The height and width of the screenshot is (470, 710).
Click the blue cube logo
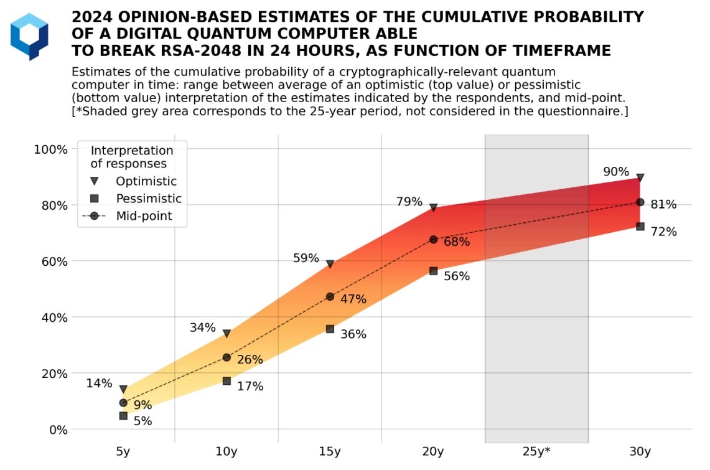[x=29, y=36]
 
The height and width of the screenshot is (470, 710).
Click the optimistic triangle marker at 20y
[x=434, y=208]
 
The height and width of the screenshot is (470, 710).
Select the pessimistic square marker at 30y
[x=640, y=227]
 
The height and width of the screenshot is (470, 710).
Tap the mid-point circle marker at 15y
[x=330, y=297]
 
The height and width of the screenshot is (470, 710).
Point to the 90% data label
[x=615, y=172]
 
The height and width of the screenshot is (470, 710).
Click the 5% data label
[x=142, y=421]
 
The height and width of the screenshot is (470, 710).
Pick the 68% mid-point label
[x=457, y=242]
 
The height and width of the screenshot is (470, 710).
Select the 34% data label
[x=203, y=328]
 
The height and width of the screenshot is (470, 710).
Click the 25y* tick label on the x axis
[x=536, y=451]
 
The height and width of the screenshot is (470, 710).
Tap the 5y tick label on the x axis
[x=123, y=451]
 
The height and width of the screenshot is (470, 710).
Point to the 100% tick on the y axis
[x=50, y=149]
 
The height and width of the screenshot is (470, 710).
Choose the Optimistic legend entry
[x=146, y=182]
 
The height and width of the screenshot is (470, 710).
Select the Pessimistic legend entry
[x=149, y=199]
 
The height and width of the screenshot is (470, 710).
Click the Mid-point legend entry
[x=144, y=217]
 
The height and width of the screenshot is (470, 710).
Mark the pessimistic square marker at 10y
[x=227, y=381]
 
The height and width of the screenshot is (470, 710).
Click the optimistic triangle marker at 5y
[x=123, y=390]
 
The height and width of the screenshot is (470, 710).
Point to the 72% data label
[x=663, y=232]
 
